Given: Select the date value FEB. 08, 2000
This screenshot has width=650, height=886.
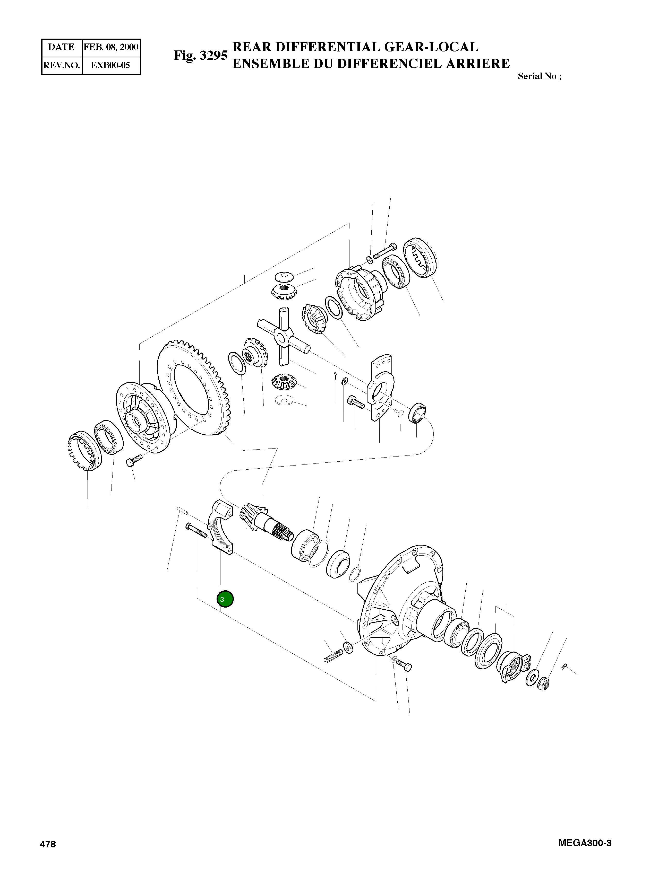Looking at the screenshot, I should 111,47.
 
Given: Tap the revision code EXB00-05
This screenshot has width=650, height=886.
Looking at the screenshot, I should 110,65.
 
